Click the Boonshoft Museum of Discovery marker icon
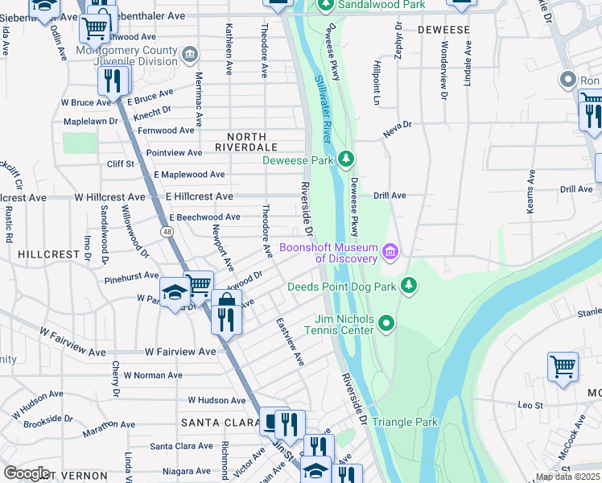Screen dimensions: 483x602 click(x=391, y=253)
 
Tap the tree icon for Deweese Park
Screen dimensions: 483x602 click(x=346, y=159)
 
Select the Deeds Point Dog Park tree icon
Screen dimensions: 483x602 click(x=410, y=286)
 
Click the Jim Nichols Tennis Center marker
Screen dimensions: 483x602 click(x=386, y=324)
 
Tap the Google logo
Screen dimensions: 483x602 click(x=27, y=473)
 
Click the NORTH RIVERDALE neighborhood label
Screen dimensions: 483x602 click(x=246, y=147)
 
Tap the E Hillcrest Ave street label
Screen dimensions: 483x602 click(x=193, y=196)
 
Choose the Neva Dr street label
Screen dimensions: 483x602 click(x=397, y=126)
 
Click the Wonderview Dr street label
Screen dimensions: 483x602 click(x=443, y=72)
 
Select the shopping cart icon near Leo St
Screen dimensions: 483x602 click(x=562, y=366)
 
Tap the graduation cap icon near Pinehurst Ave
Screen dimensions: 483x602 click(x=174, y=293)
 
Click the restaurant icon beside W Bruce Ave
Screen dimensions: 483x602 click(x=112, y=80)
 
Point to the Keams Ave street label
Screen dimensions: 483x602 click(x=530, y=192)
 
